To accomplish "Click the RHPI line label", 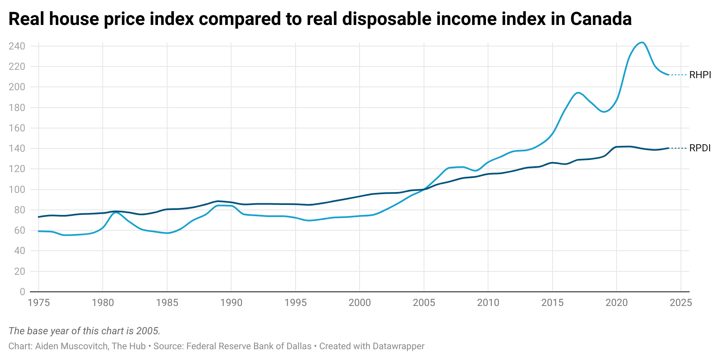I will tap(700, 75).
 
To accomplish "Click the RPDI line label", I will tap(700, 148).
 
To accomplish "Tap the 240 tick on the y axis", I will tap(17, 46).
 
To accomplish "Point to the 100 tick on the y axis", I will tap(17, 190).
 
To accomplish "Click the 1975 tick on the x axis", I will tap(39, 303).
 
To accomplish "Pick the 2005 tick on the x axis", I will tap(424, 303).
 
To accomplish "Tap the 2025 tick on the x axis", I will tap(681, 303).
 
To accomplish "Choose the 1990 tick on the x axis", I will tap(231, 303).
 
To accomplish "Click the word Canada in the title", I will tap(601, 19).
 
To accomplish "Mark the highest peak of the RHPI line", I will tap(642, 42).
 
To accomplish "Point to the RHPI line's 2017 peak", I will tap(578, 93).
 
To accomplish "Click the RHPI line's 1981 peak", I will tap(116, 212).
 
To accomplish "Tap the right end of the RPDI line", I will tap(668, 148).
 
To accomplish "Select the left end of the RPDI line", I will tap(39, 217).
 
